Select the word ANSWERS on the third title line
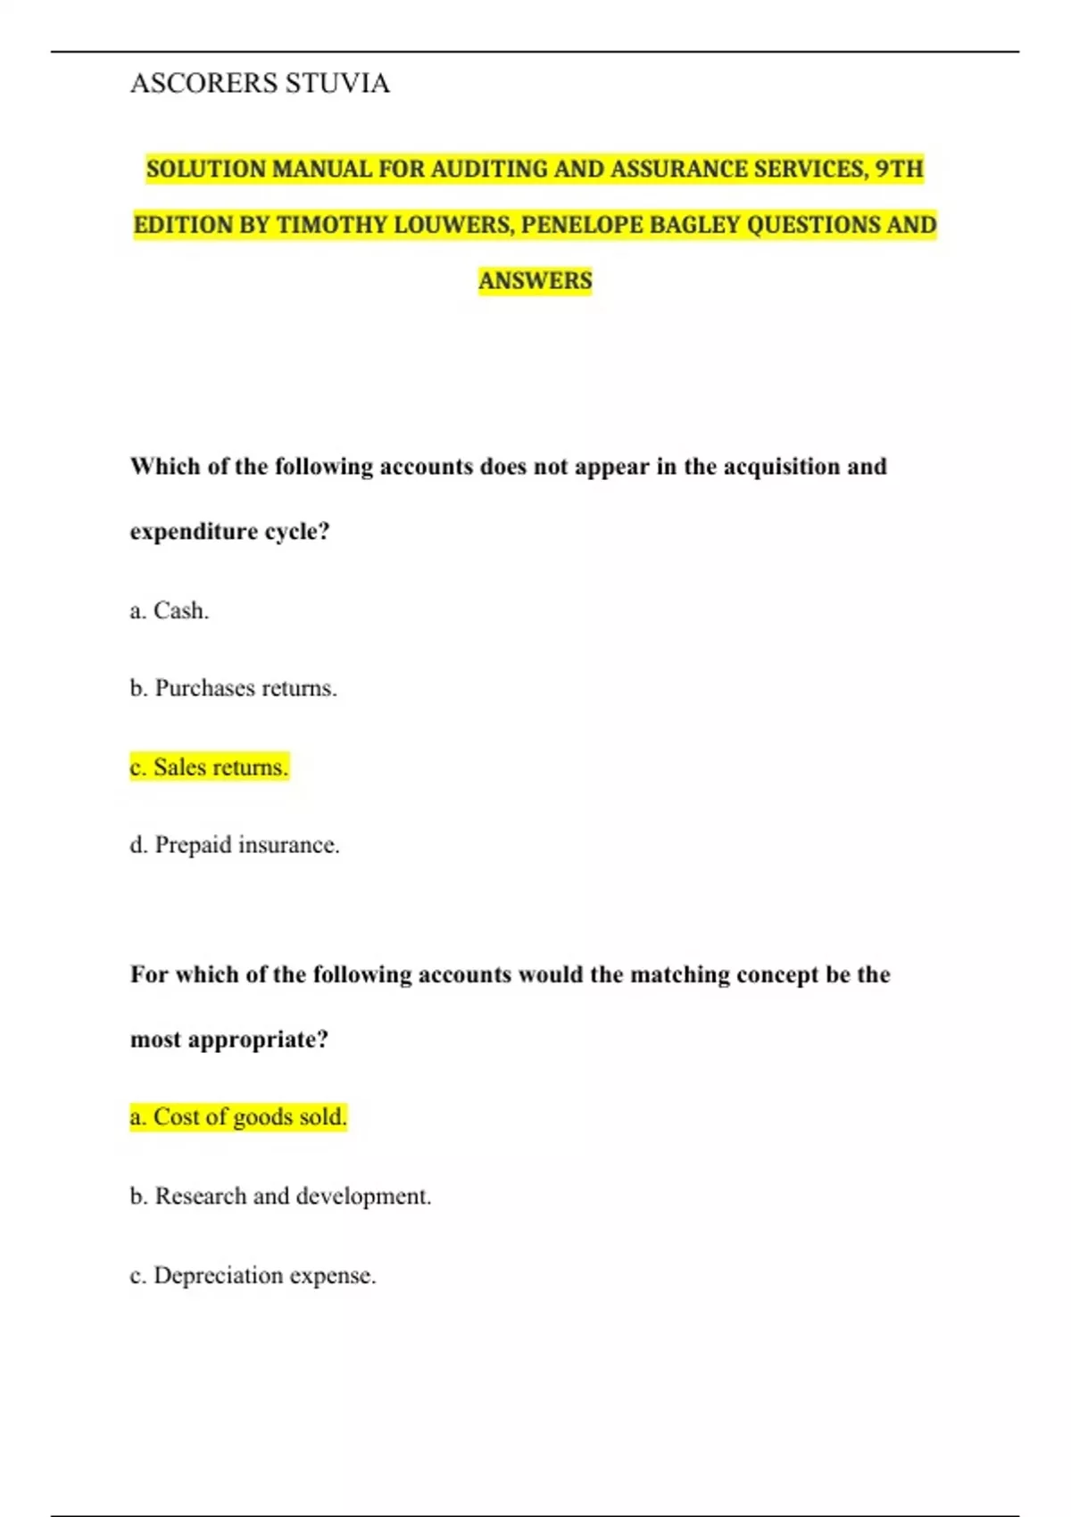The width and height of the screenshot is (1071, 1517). click(535, 280)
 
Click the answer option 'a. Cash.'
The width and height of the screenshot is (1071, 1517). click(170, 610)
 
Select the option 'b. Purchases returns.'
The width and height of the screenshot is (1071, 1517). click(234, 688)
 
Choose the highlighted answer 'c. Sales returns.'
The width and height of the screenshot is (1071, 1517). click(210, 767)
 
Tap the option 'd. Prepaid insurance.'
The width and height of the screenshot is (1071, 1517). click(236, 844)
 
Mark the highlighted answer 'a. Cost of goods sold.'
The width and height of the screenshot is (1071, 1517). click(238, 1116)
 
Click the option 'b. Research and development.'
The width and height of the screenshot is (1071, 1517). click(281, 1196)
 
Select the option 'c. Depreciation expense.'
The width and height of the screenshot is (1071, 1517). click(253, 1275)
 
